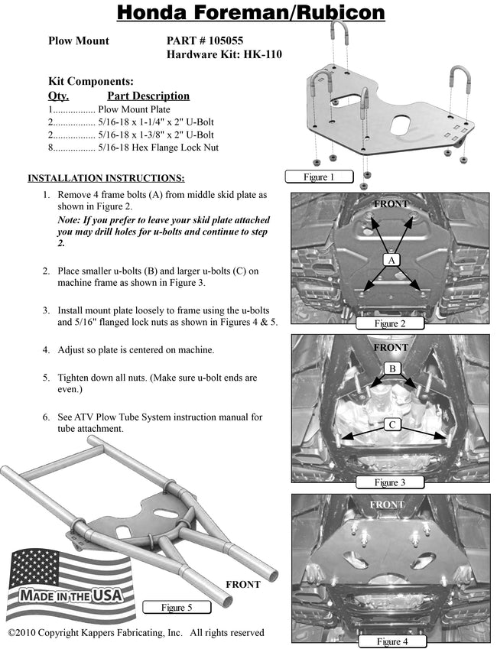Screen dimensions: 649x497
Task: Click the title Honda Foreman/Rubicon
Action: click(x=250, y=15)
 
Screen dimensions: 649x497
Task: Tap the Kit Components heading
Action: click(x=91, y=81)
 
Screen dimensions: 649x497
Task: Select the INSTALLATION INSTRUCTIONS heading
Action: click(x=106, y=179)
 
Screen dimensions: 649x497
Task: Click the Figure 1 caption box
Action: click(x=319, y=177)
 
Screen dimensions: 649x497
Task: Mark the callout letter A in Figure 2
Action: click(x=392, y=261)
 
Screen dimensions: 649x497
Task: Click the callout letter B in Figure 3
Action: click(x=392, y=369)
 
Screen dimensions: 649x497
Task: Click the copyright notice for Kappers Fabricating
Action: click(x=136, y=633)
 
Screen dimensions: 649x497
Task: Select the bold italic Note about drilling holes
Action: click(x=163, y=231)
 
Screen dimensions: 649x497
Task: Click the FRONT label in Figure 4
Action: click(x=387, y=505)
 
